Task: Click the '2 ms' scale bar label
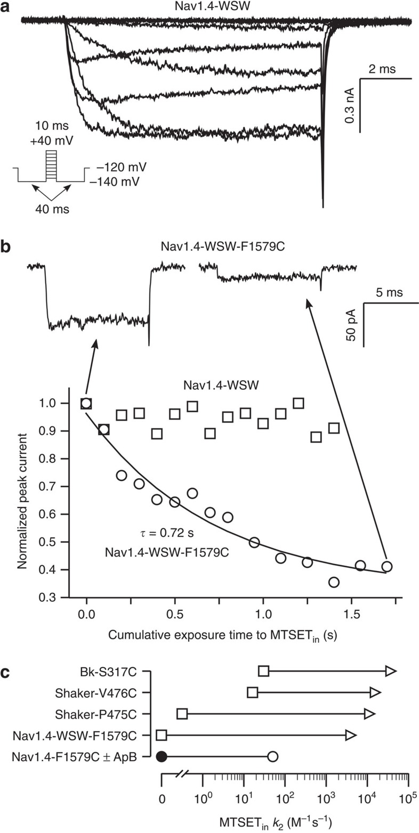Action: pyautogui.click(x=382, y=70)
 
